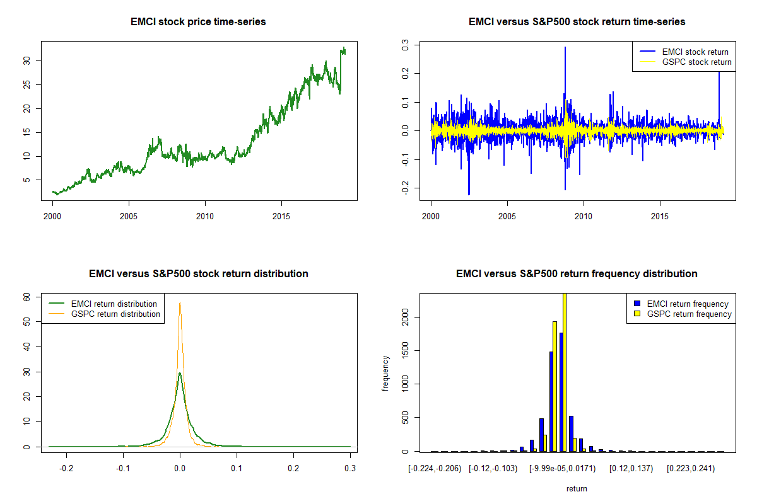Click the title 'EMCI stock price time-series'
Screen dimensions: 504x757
(198, 22)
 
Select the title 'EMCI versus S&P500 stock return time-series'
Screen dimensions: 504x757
(577, 22)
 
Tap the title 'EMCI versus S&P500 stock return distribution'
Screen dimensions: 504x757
(198, 274)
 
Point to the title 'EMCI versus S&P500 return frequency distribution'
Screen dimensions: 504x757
(577, 274)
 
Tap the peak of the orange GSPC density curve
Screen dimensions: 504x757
(180, 302)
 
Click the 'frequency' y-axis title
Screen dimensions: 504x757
(385, 373)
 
